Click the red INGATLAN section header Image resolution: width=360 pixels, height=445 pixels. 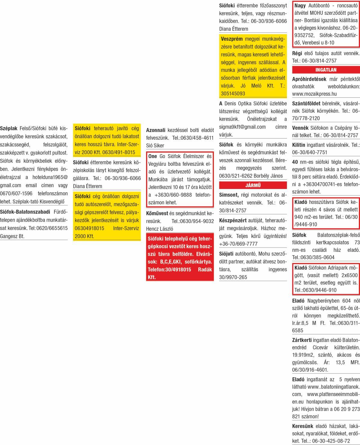tap(326, 70)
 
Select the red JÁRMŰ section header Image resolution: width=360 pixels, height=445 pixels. tap(253, 185)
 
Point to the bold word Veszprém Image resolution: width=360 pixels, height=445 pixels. tap(232, 39)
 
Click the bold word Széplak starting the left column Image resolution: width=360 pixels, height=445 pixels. tap(8, 128)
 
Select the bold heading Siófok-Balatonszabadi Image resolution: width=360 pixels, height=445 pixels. tap(25, 212)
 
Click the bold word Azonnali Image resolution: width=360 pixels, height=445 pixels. tap(156, 130)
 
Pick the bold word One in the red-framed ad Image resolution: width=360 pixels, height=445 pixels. tap(153, 156)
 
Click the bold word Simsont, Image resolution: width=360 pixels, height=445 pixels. tap(229, 195)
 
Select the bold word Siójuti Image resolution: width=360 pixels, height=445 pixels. tap(226, 254)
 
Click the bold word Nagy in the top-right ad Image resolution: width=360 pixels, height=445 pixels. tap(300, 5)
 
